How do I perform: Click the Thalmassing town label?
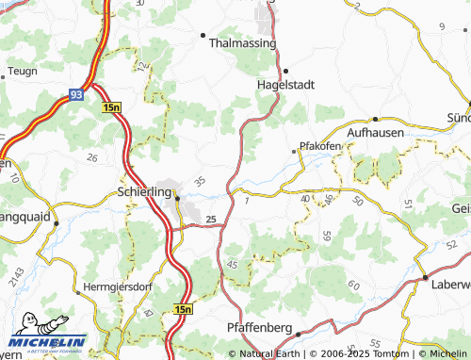(x=242, y=43)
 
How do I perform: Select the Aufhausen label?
(x=376, y=133)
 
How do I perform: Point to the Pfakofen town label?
(x=319, y=147)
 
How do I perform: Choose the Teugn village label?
(x=22, y=71)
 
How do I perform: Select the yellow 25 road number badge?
(x=211, y=220)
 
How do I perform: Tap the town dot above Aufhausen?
(x=375, y=119)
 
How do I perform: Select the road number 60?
(x=353, y=286)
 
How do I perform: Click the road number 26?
(x=91, y=156)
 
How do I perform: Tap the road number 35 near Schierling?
(x=199, y=180)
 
